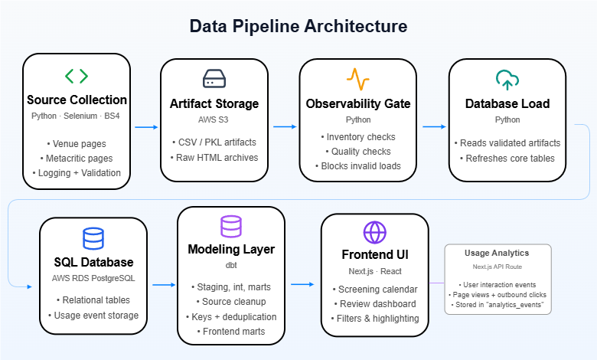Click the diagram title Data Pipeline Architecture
click(x=298, y=26)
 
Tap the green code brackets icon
click(x=77, y=76)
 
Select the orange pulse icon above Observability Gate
click(x=358, y=79)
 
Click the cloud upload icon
click(x=507, y=80)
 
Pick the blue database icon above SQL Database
click(x=93, y=238)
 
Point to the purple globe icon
click(x=374, y=232)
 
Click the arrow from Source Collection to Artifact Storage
click(x=146, y=127)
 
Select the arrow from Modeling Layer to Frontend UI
click(x=302, y=284)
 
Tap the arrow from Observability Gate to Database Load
click(x=434, y=126)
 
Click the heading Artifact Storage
click(x=214, y=103)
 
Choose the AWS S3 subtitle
click(x=214, y=119)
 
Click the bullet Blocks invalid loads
click(x=358, y=166)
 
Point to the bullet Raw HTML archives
click(x=214, y=158)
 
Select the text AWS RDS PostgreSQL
click(x=93, y=278)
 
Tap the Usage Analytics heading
click(x=497, y=253)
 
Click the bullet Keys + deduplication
click(x=231, y=317)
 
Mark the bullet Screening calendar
click(x=375, y=290)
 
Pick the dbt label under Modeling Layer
click(x=231, y=265)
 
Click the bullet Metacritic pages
click(x=77, y=159)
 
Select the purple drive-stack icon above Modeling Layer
click(x=231, y=226)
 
